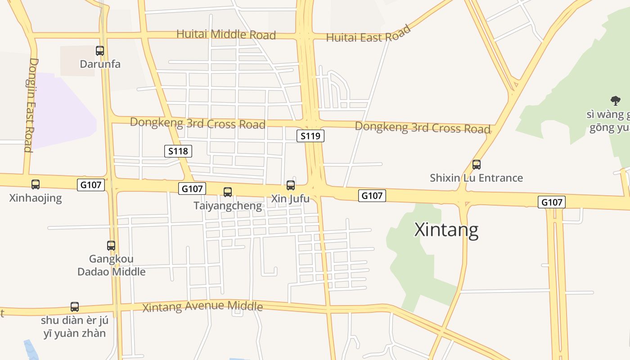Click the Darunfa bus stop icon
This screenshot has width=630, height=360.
pos(100,51)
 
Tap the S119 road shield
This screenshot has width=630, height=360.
pos(310,136)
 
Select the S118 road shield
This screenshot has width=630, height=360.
pos(178,151)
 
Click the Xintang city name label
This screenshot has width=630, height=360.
pos(446,230)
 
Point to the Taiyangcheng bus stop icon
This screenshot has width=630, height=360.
pos(228,192)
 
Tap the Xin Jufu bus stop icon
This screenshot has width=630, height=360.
pos(291,185)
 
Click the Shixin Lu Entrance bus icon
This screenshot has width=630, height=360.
pos(477,165)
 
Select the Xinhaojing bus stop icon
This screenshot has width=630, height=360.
pos(36,184)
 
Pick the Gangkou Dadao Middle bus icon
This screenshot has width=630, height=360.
pos(111,246)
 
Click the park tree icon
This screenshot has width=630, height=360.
pos(615,101)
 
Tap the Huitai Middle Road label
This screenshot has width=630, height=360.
pos(226,34)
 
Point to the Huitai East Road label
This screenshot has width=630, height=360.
pos(368,35)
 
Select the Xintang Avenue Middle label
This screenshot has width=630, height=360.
pos(202,307)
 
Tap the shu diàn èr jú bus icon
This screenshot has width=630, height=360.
pos(75,307)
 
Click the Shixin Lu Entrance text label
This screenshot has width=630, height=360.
pos(476,178)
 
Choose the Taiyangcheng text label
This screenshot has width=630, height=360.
pos(228,206)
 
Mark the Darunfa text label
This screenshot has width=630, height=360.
pos(100,64)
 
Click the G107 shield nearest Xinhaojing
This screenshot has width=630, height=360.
pos(91,184)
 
